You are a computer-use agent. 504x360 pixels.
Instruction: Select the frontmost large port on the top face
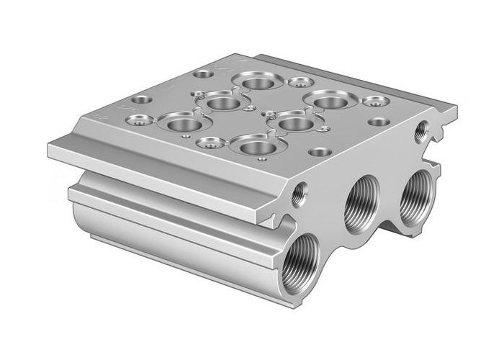253,148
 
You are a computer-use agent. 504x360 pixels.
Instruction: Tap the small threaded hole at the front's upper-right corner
420,130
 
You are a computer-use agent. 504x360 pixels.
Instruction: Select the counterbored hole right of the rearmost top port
297,83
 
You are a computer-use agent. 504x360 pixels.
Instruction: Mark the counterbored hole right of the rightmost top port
372,102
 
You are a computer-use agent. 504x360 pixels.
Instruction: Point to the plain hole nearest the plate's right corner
377,122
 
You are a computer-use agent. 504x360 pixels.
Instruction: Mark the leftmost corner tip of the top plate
48,150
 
